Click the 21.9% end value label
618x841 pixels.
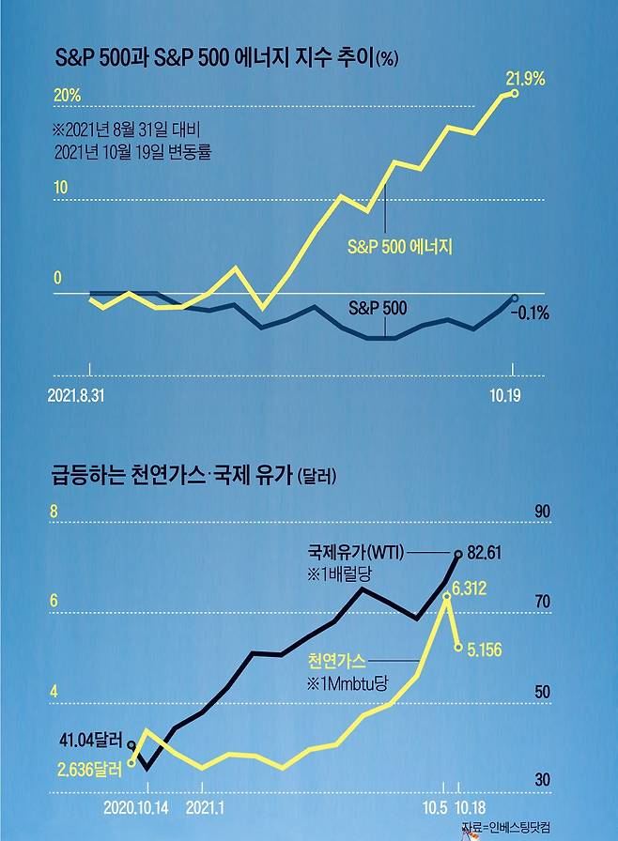(x=527, y=79)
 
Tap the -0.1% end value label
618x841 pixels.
(x=530, y=313)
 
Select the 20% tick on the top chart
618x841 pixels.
(x=67, y=95)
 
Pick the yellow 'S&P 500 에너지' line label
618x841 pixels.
(x=400, y=247)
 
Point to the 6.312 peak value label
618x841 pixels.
(x=470, y=589)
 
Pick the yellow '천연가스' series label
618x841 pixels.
(x=335, y=660)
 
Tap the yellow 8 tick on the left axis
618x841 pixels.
(x=54, y=512)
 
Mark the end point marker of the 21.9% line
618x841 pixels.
(x=513, y=93)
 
